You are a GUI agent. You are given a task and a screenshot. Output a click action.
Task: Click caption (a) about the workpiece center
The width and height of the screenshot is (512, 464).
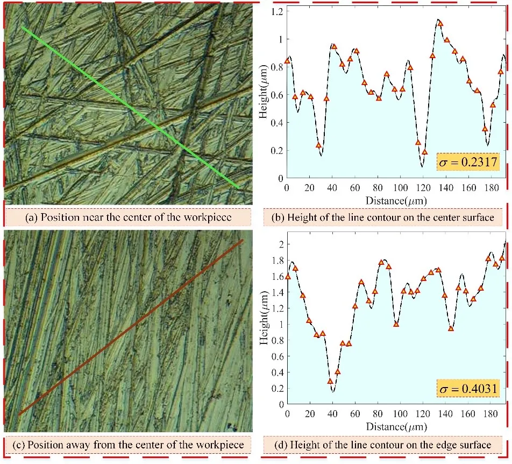pos(127,218)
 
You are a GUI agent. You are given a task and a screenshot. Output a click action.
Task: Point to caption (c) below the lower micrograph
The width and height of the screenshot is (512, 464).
pos(127,445)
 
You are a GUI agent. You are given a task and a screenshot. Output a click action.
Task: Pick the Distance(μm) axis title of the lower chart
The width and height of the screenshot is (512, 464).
pos(396,426)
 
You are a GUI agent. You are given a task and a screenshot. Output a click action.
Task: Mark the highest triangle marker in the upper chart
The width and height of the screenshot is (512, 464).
pos(440,24)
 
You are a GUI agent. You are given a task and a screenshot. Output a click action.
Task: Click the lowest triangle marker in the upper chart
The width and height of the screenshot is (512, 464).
pos(424,152)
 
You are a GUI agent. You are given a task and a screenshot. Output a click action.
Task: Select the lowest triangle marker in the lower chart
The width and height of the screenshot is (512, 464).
pos(330,382)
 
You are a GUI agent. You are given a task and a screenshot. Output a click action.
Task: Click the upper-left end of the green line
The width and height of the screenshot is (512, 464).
pos(23,27)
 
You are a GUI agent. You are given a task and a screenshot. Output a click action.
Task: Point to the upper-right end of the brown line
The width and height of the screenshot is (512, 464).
pos(243,241)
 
